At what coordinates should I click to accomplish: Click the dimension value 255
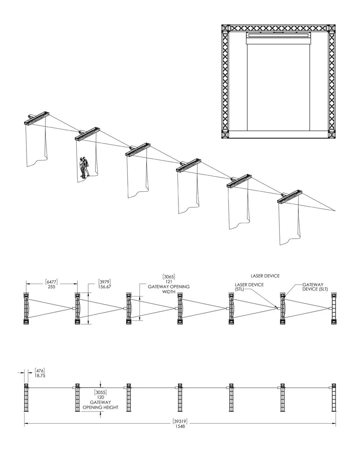(51, 287)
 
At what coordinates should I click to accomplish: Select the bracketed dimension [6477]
(51, 282)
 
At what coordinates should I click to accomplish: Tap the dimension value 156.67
(105, 287)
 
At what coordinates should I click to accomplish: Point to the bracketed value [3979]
(105, 282)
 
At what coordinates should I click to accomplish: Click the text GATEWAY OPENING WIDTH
(169, 289)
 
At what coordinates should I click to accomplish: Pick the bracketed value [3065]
(169, 277)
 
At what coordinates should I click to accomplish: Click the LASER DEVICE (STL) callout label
(249, 287)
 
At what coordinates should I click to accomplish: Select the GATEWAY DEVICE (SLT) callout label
(313, 287)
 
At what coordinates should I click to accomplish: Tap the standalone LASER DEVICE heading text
(265, 276)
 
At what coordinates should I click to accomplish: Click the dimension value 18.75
(40, 375)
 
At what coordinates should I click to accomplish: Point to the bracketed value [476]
(40, 371)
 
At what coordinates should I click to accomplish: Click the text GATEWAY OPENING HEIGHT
(100, 405)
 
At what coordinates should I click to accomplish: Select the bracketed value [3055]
(100, 392)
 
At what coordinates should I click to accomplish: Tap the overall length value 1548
(180, 426)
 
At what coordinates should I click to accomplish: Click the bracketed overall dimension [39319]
(180, 421)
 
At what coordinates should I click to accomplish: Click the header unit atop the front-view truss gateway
(279, 39)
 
